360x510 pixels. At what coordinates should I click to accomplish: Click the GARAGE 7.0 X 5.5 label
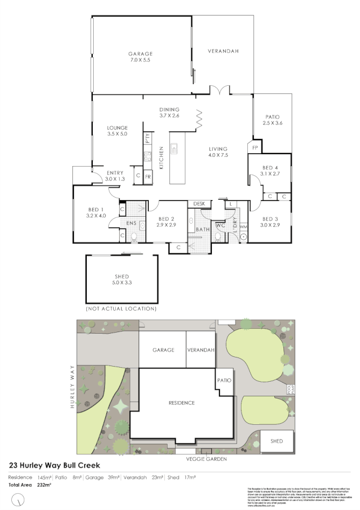[141, 57]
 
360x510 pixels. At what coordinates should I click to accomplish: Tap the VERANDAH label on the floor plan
[223, 51]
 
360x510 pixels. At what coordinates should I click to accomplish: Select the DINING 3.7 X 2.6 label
[169, 112]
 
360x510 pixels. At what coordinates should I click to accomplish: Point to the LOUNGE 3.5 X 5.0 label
[117, 130]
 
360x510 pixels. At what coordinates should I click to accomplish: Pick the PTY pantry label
[147, 138]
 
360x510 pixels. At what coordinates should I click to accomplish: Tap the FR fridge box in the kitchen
[148, 176]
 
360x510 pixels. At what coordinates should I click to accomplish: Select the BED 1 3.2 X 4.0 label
[95, 212]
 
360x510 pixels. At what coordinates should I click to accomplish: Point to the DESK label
[199, 204]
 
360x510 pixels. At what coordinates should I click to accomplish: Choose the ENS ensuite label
[131, 223]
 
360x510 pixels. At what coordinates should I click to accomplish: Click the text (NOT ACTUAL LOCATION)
[121, 309]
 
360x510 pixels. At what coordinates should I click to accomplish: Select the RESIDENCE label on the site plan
[181, 403]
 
